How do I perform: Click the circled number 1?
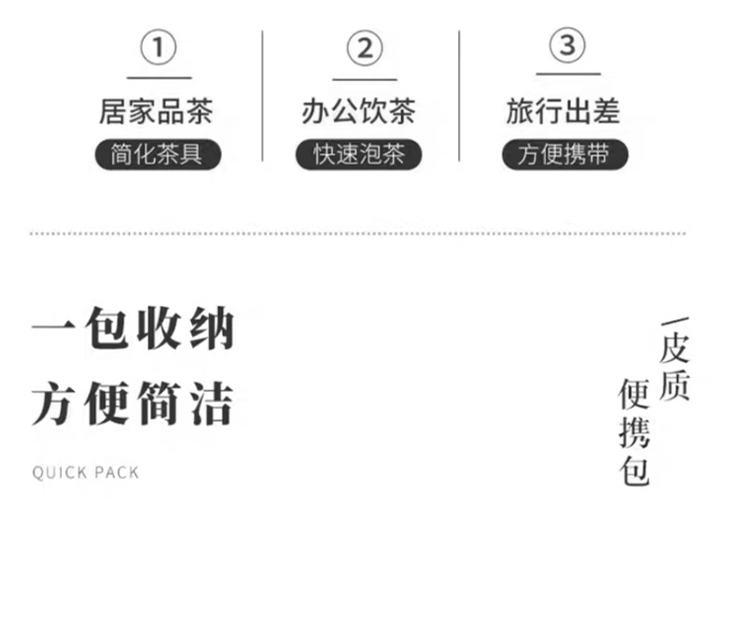159,48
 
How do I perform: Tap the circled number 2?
364,48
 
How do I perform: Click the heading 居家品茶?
156,111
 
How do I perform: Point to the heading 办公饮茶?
358,111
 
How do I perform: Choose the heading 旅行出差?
563,111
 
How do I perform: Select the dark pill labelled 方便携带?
563,154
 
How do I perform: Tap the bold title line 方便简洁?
132,404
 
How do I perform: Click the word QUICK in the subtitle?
59,472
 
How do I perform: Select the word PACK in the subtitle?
116,472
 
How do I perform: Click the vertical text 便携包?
634,433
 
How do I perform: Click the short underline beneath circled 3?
567,75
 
